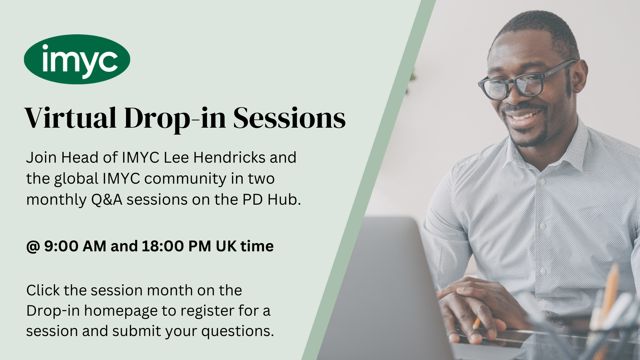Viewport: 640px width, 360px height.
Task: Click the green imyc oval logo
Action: (x=77, y=59)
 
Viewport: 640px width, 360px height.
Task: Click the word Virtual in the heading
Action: (x=70, y=118)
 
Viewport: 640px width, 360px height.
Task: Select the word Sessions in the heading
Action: (x=289, y=118)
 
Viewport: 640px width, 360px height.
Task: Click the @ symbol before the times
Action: (x=33, y=247)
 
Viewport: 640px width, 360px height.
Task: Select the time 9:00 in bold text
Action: (x=61, y=246)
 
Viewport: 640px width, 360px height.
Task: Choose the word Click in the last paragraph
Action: (x=43, y=290)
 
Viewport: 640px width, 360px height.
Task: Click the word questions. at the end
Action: (x=237, y=331)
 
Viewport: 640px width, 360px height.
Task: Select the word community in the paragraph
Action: (x=185, y=179)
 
